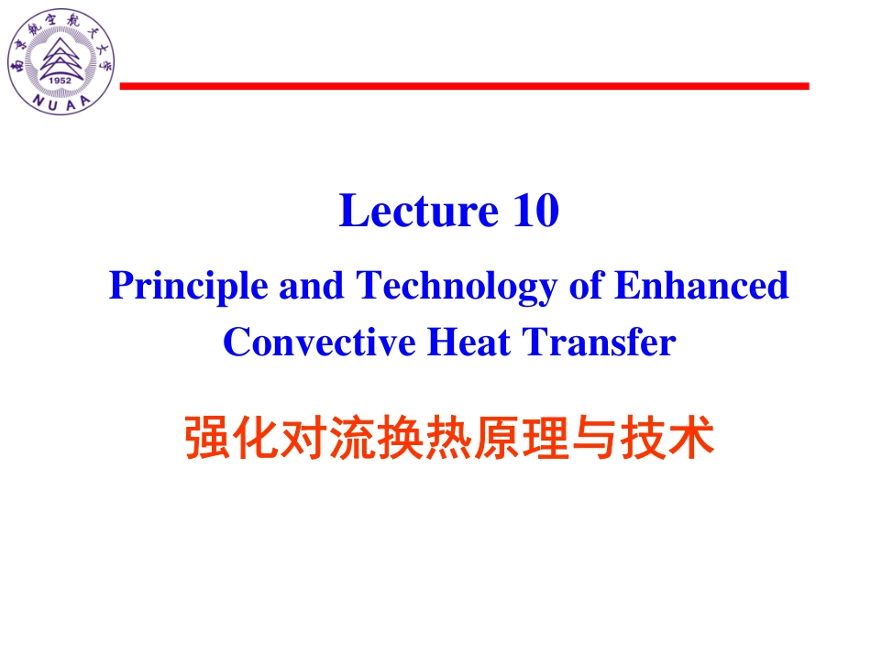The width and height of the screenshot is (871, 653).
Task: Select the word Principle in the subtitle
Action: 189,287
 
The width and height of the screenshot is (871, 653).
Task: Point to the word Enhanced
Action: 701,286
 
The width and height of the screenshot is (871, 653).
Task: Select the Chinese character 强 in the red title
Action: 207,439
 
